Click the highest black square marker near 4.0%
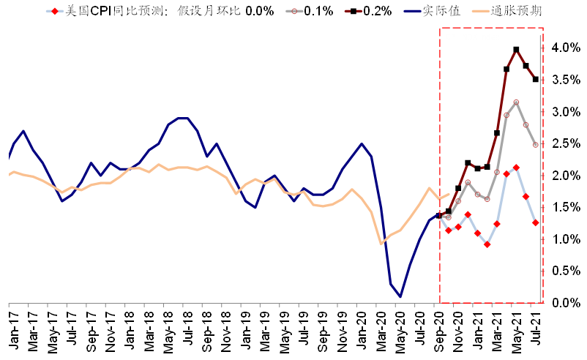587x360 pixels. (x=517, y=50)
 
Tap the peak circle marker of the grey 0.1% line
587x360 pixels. (x=517, y=102)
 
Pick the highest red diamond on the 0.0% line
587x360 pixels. (x=517, y=168)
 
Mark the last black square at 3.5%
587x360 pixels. (x=536, y=80)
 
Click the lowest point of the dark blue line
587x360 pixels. (x=400, y=296)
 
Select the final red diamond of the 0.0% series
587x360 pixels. (x=536, y=222)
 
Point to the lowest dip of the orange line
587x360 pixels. (x=381, y=243)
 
